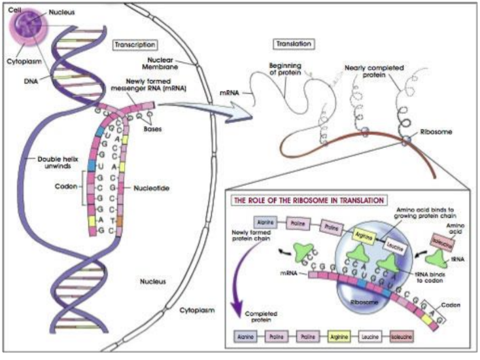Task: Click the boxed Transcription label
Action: [x=135, y=45]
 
